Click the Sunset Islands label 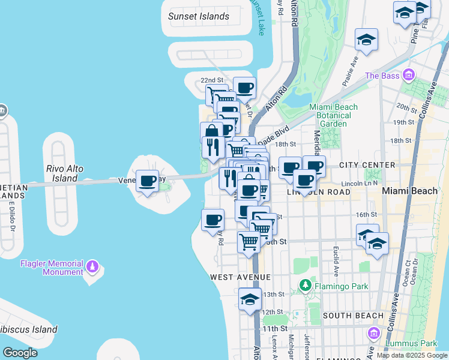point(199,16)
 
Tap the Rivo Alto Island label point(65,173)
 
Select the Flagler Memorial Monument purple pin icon point(92,265)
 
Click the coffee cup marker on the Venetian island point(148,181)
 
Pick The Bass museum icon point(409,76)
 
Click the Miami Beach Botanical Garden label point(333,115)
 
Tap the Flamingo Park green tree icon point(305,286)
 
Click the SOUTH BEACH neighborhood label point(353,316)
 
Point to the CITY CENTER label point(367,165)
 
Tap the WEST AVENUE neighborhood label point(240,277)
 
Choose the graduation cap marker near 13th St point(250,299)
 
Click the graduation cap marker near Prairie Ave point(366,40)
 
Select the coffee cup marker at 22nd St point(244,88)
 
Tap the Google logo point(20,353)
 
